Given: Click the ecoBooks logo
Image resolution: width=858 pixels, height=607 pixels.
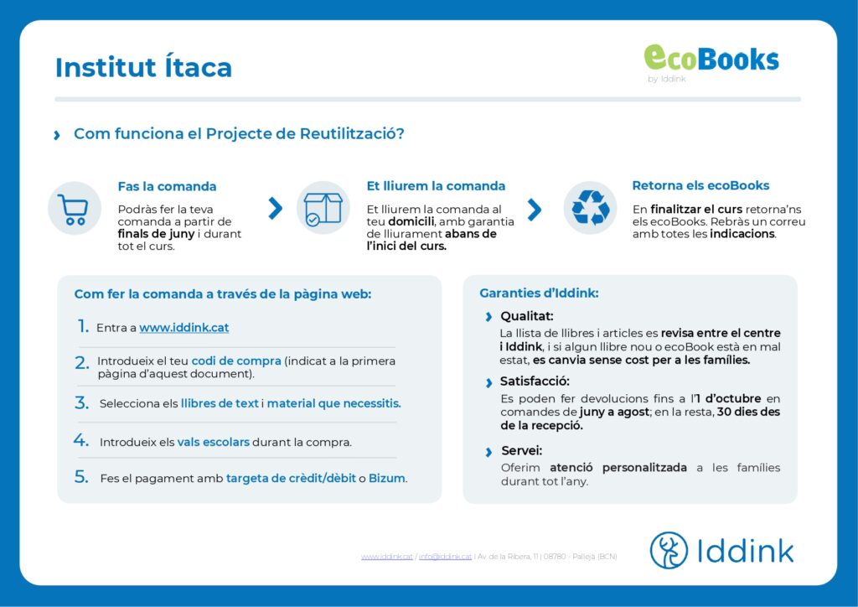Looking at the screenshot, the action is pos(711,62).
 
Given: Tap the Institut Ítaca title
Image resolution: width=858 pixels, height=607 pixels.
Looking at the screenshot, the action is pos(143,67).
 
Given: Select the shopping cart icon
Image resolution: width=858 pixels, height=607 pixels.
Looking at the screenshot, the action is pos(74,209).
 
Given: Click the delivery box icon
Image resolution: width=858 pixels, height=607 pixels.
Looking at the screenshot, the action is pos(323,208).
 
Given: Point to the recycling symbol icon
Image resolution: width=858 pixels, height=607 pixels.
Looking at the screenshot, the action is pos(591,208).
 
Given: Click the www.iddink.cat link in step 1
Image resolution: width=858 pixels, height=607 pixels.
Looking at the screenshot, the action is pos(183,327).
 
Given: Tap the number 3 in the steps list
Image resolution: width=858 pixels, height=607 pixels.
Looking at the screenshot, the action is pos(81,402).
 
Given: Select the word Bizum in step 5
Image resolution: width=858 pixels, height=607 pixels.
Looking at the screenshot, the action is pos(387,478).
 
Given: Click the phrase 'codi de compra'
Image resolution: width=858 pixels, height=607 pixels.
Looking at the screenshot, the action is pos(235,361).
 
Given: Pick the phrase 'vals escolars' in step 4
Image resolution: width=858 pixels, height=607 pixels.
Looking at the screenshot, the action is pos(213,442).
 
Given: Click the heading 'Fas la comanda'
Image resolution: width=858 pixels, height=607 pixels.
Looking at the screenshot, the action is pos(167,186).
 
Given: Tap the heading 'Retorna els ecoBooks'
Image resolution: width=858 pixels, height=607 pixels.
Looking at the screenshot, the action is pos(700,185).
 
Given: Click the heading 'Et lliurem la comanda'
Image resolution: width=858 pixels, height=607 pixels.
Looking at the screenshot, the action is pos(436,186).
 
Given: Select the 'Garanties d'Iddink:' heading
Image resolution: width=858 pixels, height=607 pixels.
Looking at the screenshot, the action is pos(539,293).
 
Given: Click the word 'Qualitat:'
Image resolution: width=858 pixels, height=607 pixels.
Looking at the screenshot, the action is pos(526,316).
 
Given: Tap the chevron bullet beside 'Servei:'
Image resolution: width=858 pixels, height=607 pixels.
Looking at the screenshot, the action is pos(488,452).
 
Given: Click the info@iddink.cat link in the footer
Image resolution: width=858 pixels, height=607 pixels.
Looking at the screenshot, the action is pos(445,557).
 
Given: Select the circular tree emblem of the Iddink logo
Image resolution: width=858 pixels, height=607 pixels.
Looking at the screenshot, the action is pos(669,550).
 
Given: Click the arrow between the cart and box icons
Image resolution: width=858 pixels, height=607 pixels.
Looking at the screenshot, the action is pos(275,208).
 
